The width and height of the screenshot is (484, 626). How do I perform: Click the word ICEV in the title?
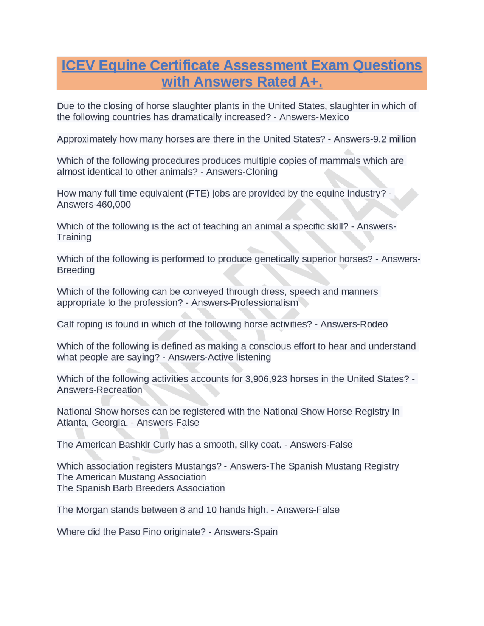(x=78, y=65)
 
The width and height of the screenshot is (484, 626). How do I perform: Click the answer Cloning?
(x=261, y=172)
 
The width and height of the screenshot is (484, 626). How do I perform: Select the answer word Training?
(x=74, y=237)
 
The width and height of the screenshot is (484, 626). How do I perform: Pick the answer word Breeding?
(x=76, y=270)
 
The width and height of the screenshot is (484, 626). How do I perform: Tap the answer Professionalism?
(x=264, y=303)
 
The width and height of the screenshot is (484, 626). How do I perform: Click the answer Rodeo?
(x=373, y=324)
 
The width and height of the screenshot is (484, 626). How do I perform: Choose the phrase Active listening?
(x=239, y=357)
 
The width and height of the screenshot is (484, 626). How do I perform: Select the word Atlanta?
(x=71, y=423)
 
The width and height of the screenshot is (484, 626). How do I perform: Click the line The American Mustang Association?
(x=131, y=477)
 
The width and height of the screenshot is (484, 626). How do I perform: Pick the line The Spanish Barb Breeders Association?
(x=141, y=488)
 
